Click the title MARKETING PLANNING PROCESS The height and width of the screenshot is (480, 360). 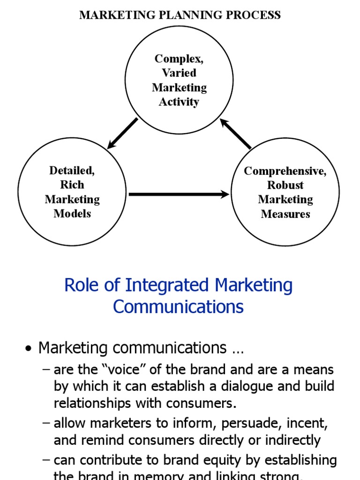tap(180, 15)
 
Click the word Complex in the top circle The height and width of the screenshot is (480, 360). tap(179, 59)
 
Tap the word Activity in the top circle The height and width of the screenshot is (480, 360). tap(179, 102)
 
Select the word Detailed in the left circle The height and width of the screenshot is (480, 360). tap(72, 171)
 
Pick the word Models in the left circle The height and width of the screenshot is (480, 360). tap(72, 214)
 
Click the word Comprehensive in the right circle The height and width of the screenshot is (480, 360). tap(285, 171)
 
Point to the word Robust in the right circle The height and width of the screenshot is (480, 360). tap(285, 185)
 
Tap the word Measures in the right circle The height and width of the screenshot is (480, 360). tap(285, 214)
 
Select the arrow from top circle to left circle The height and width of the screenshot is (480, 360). tap(123, 133)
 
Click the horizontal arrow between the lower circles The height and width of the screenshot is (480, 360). tap(179, 194)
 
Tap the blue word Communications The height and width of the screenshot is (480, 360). tap(179, 307)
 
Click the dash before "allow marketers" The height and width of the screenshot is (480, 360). tap(46, 423)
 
